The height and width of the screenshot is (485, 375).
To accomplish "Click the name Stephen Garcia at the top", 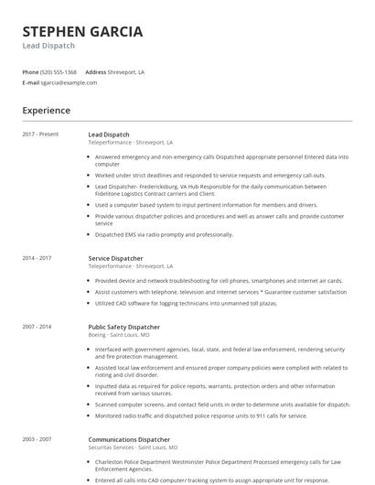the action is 82,31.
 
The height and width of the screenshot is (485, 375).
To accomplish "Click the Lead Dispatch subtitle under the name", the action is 48,46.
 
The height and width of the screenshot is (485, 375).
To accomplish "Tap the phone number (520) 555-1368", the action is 59,71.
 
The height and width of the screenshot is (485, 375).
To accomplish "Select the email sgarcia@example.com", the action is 69,82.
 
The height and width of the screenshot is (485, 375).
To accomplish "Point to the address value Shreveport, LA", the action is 127,71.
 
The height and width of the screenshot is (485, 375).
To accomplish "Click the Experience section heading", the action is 47,111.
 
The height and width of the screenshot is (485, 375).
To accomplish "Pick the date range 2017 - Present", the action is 40,135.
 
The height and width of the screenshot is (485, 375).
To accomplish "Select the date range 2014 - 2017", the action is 37,258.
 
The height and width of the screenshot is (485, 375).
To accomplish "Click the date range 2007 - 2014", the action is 37,327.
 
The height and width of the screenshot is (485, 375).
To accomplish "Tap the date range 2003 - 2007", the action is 37,439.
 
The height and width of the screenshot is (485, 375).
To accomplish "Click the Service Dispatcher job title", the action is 115,258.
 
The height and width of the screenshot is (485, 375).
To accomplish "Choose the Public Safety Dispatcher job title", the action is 123,327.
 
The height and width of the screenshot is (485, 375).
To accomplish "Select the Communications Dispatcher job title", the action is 129,439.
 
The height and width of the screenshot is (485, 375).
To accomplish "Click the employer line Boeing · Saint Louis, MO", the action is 119,335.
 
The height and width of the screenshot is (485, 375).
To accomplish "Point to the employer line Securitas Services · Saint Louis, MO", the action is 133,447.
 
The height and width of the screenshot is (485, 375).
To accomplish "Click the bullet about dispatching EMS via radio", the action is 164,234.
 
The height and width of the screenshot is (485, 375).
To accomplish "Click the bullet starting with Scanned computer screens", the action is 222,404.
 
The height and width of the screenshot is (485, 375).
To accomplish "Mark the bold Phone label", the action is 30,71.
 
